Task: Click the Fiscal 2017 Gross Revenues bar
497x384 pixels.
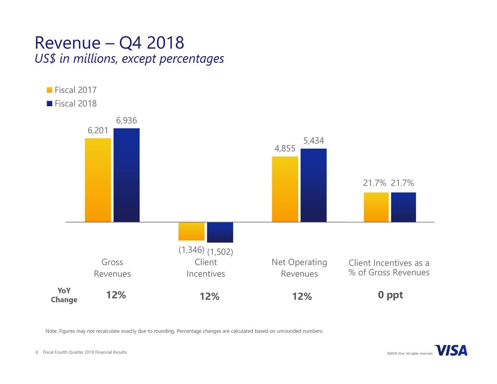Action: pyautogui.click(x=98, y=180)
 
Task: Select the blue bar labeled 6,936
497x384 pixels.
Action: pyautogui.click(x=127, y=175)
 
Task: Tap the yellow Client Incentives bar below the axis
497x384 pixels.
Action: pyautogui.click(x=191, y=231)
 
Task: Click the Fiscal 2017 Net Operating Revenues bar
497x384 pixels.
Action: pyautogui.click(x=285, y=189)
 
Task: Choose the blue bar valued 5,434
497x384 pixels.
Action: pyautogui.click(x=313, y=185)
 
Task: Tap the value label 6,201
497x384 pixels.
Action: pyautogui.click(x=98, y=130)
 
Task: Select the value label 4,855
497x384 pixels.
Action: pyautogui.click(x=285, y=149)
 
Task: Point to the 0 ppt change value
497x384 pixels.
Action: pyautogui.click(x=390, y=295)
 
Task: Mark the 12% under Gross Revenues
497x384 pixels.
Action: pyautogui.click(x=116, y=295)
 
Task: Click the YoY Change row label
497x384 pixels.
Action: pyautogui.click(x=64, y=295)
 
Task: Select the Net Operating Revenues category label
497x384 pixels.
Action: pyautogui.click(x=299, y=268)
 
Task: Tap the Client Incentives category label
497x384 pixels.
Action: pyautogui.click(x=206, y=268)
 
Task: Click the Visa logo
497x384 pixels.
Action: pyautogui.click(x=451, y=350)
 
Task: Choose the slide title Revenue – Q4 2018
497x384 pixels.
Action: pyautogui.click(x=109, y=43)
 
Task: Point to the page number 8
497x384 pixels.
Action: pyautogui.click(x=36, y=353)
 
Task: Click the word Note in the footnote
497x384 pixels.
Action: pyautogui.click(x=51, y=331)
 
